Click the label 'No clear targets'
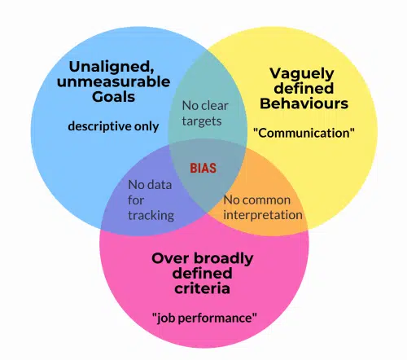[x=205, y=114]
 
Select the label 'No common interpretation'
[x=262, y=207]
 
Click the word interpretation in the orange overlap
[x=263, y=215]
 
